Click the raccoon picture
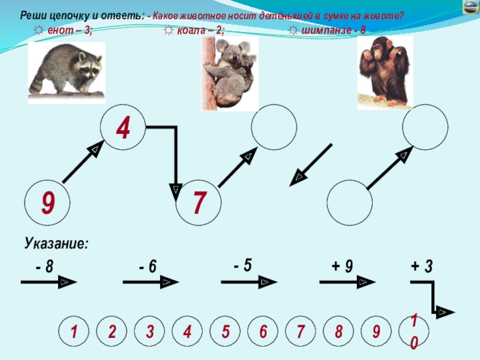[x=67, y=73]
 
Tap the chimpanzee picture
[x=385, y=73]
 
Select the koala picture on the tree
[x=230, y=73]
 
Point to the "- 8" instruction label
[x=44, y=266]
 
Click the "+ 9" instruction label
[x=342, y=266]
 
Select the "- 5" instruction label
[x=243, y=265]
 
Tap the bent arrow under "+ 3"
[x=433, y=297]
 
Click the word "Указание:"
[x=56, y=244]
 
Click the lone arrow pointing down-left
[x=311, y=165]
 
